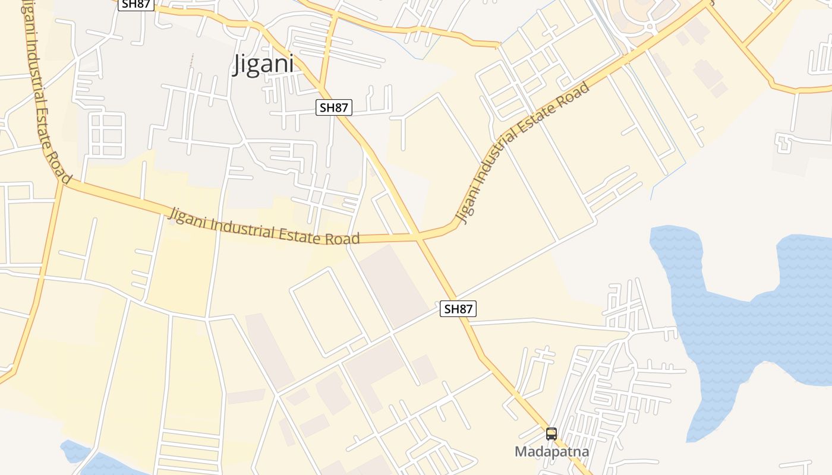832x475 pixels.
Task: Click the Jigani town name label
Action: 263,64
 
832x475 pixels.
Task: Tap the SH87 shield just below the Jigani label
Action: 333,107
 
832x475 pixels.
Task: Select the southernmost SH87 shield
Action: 458,309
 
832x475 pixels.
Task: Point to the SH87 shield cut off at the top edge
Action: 136,4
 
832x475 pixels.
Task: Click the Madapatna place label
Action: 551,452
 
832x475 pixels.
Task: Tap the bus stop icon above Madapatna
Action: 551,434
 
